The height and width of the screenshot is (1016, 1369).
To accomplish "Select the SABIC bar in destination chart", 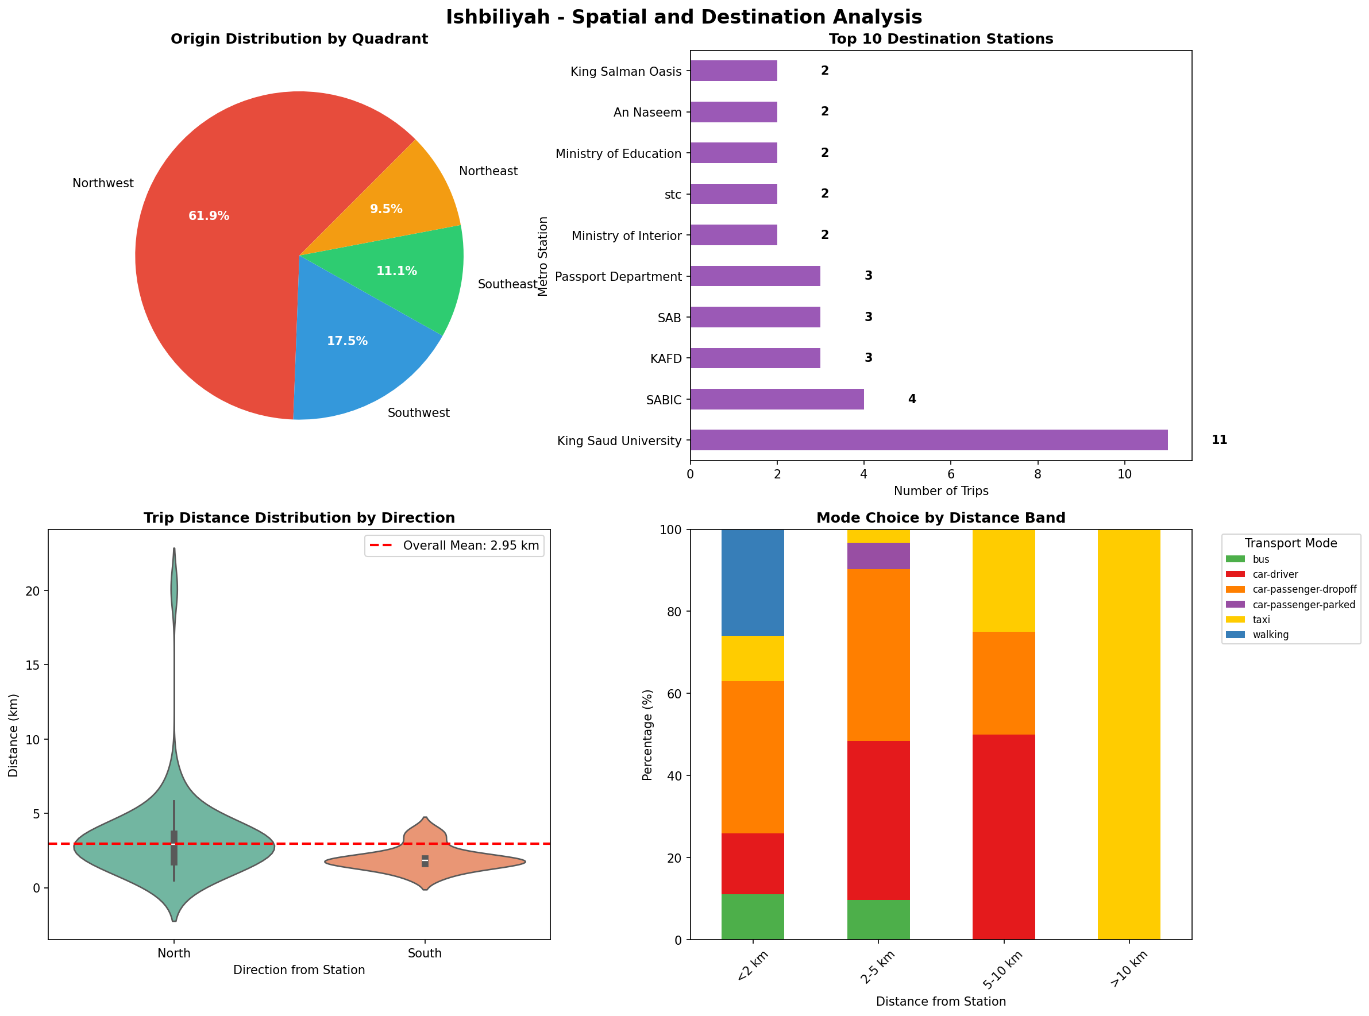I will (776, 399).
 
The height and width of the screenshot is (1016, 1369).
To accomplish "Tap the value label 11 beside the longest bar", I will (1218, 440).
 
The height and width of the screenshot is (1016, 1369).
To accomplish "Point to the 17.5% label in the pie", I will (347, 341).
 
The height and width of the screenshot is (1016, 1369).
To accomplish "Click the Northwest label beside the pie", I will (103, 183).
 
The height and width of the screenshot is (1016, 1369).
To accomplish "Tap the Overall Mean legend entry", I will (454, 546).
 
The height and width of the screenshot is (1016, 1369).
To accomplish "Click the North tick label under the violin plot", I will (174, 953).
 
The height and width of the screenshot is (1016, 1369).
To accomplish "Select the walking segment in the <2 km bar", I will (752, 582).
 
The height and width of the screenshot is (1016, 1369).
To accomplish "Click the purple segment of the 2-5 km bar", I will (878, 556).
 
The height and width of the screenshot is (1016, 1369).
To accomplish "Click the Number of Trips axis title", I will (940, 491).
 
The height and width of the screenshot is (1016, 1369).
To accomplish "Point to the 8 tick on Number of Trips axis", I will (1038, 474).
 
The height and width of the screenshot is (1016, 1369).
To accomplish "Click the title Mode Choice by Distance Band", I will (940, 518).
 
